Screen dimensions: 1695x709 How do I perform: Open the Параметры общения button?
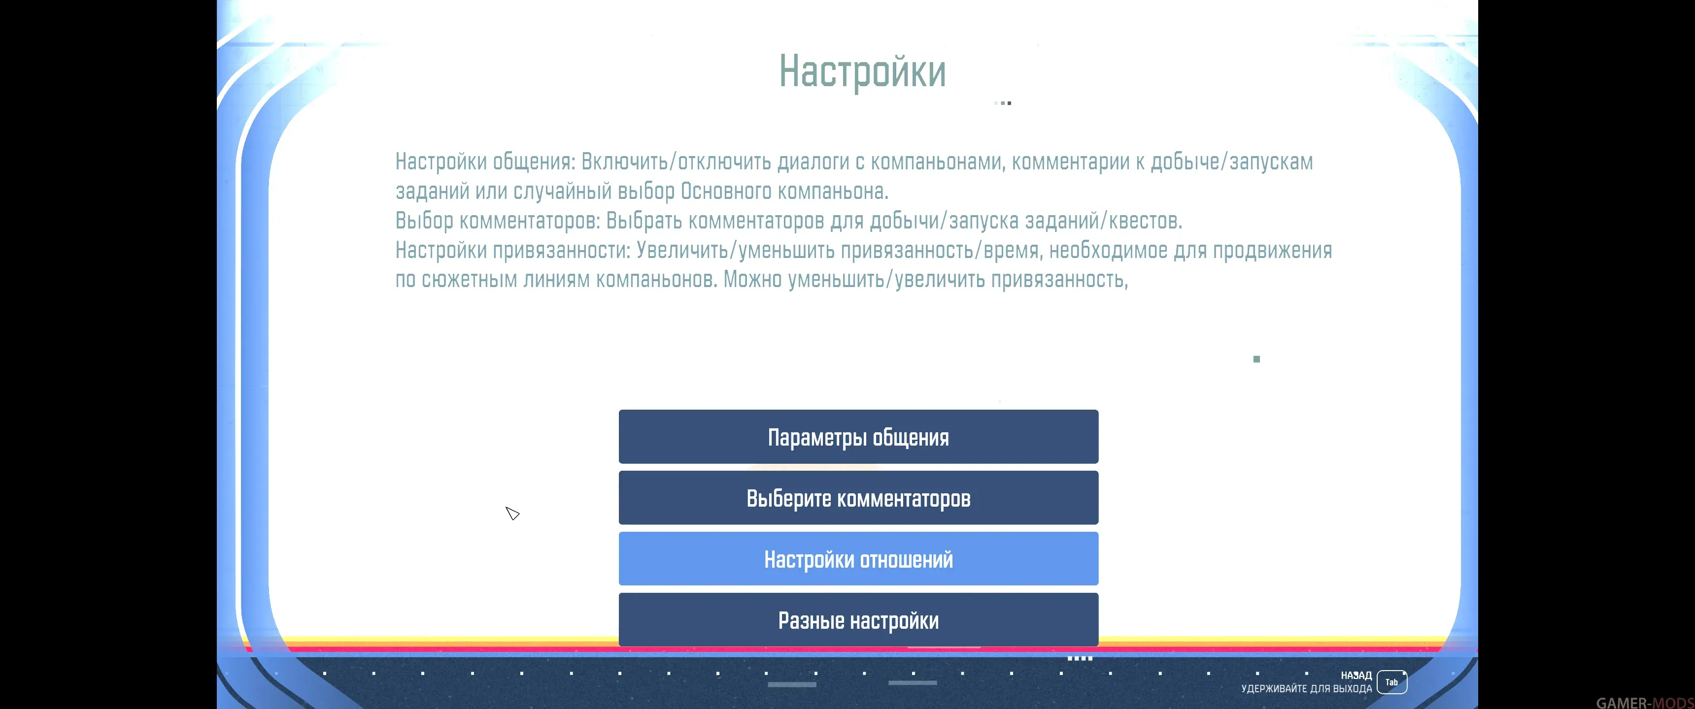click(x=858, y=437)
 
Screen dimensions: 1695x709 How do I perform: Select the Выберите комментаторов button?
click(x=858, y=498)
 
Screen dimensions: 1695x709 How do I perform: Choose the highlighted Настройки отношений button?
click(x=858, y=559)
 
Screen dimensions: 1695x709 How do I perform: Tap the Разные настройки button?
click(x=858, y=619)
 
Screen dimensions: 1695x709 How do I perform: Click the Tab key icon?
click(x=1391, y=682)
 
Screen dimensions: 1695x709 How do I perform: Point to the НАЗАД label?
click(x=1356, y=676)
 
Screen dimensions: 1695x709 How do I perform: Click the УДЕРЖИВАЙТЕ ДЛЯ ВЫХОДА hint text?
click(x=1306, y=689)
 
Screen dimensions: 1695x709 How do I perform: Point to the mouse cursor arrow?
click(x=512, y=513)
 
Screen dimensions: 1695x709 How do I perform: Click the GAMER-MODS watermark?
click(x=1645, y=703)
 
